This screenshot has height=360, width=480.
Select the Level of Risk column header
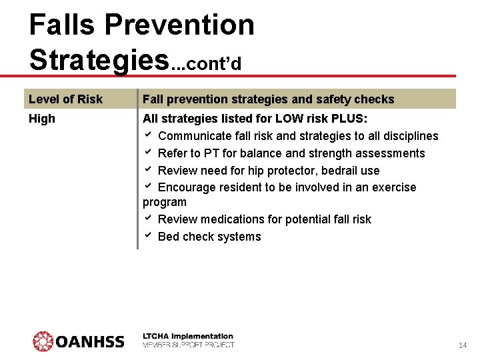65,99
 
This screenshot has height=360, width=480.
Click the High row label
42,119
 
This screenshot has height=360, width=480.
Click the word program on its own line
165,202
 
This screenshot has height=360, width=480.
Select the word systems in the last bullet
239,237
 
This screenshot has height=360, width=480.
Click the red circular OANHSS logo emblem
43,341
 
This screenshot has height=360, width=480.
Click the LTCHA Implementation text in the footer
188,336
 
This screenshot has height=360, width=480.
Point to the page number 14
463,345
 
